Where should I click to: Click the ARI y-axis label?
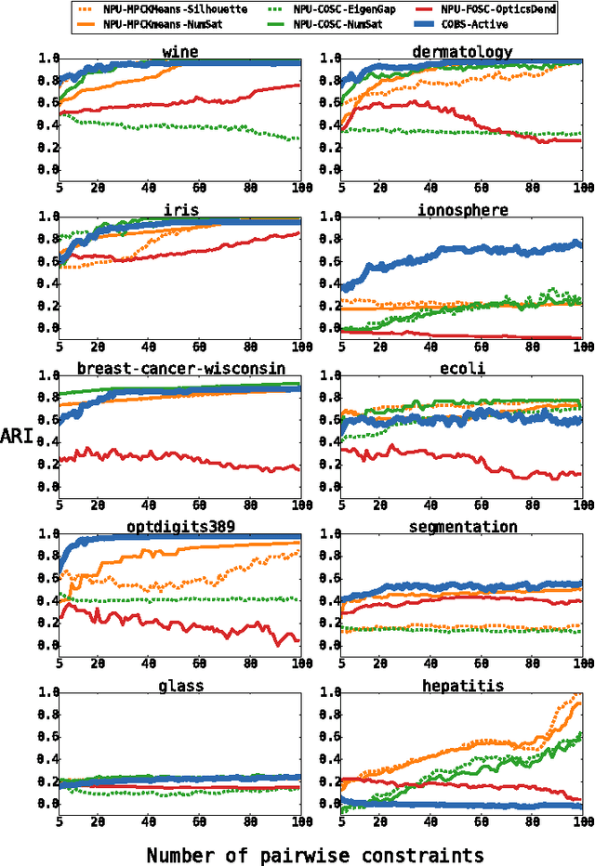tap(20, 436)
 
